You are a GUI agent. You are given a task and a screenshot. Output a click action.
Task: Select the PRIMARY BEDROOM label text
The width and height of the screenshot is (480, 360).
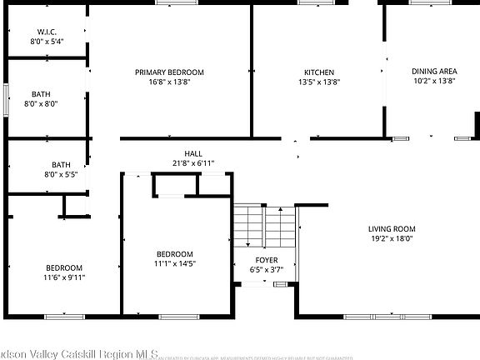point(169,72)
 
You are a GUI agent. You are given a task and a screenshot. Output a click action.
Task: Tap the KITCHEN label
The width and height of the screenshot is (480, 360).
point(318,72)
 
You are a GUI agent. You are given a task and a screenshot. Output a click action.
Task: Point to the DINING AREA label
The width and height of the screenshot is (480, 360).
point(434,71)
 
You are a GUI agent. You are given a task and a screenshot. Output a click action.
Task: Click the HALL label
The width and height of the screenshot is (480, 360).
point(193,153)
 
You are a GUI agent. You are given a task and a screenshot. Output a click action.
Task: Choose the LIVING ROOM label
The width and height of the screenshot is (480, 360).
point(392,229)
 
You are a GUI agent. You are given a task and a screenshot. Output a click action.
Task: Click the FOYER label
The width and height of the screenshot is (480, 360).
point(267,260)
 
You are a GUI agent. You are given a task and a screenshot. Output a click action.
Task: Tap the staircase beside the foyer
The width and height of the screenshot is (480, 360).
point(264,227)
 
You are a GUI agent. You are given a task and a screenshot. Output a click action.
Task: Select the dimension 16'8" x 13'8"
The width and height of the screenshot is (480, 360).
point(169,82)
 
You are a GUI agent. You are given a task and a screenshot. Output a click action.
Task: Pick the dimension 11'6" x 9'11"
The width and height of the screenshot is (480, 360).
point(65,277)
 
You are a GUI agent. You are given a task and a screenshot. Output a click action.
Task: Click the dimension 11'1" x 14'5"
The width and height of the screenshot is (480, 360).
point(175,263)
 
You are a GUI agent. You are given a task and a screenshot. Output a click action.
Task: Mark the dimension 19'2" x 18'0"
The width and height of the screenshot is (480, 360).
point(392,239)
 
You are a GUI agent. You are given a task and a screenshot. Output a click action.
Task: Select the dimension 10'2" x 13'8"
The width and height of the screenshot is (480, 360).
point(434,82)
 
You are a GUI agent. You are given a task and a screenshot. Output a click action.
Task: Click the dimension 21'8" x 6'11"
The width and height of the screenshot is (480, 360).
point(193,163)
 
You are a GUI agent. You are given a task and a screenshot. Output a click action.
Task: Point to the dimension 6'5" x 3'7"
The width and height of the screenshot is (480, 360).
point(267,270)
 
